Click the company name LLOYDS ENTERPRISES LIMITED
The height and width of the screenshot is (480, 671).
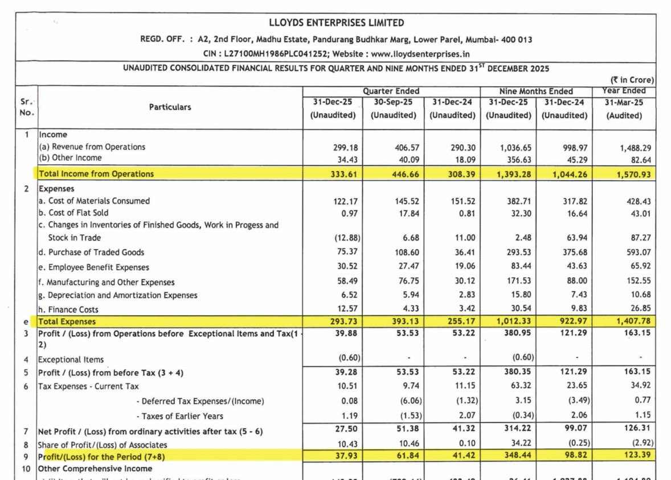pyautogui.click(x=336, y=23)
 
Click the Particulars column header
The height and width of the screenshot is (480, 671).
pyautogui.click(x=170, y=107)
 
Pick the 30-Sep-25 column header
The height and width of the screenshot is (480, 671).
pyautogui.click(x=393, y=102)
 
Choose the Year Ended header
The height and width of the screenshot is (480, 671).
pyautogui.click(x=624, y=91)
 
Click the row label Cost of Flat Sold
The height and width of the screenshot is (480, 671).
pyautogui.click(x=78, y=213)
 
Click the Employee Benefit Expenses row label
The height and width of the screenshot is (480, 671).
pyautogui.click(x=98, y=267)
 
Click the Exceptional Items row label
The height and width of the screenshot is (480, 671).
pyautogui.click(x=71, y=360)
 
